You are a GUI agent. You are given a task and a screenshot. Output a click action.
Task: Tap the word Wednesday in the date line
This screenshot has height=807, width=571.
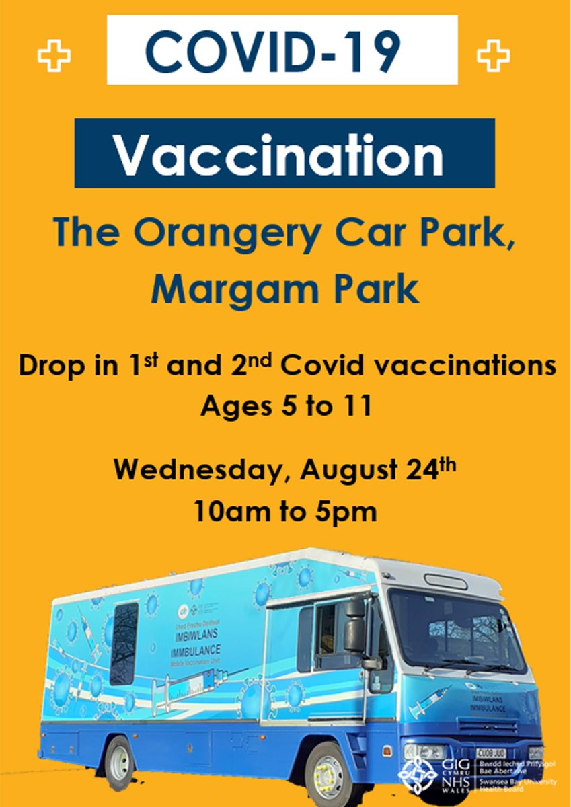click(196, 469)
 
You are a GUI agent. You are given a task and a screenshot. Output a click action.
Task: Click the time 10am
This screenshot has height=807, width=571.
click(227, 512)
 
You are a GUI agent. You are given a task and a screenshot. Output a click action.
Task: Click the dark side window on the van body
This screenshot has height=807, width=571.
click(124, 642)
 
